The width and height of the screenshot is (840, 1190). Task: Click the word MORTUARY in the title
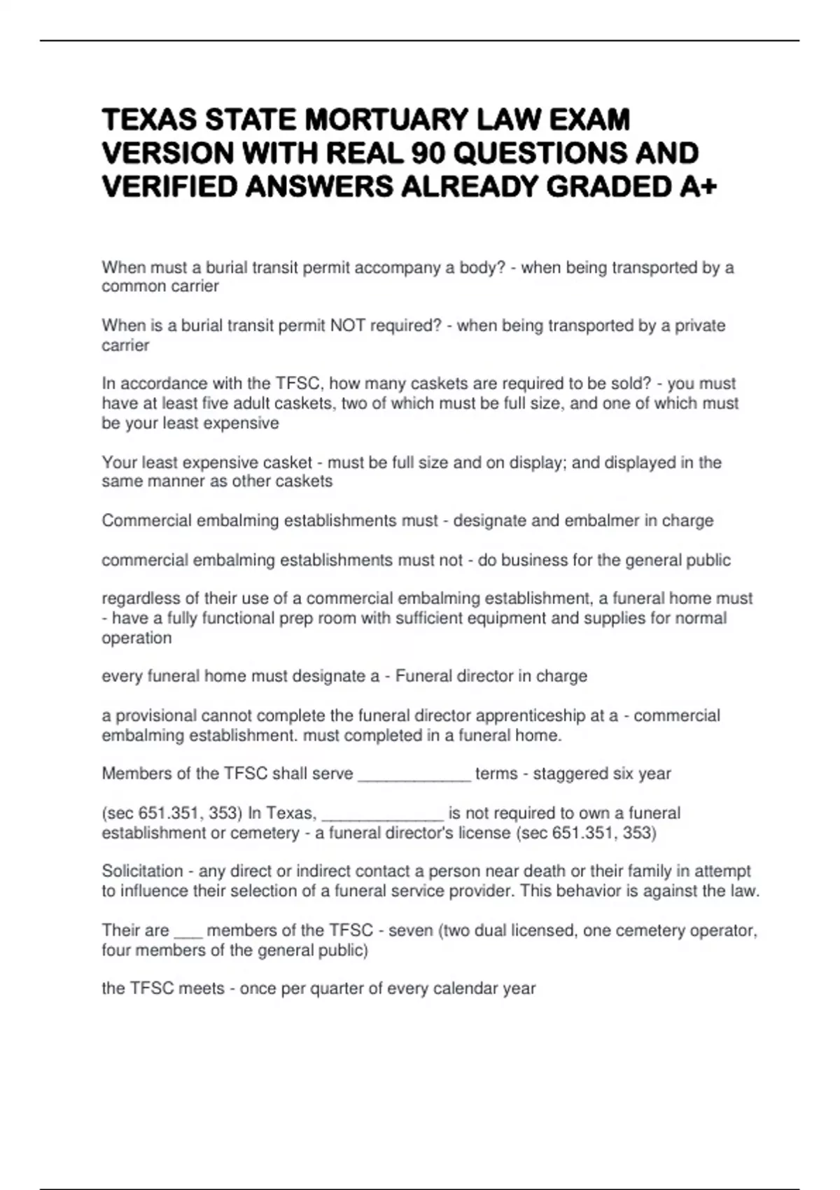tap(386, 120)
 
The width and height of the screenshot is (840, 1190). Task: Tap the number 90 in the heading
tap(430, 153)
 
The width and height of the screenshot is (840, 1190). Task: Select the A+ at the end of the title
tap(697, 187)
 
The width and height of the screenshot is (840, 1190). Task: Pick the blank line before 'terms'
tap(414, 774)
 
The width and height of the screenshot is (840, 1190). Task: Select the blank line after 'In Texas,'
tap(382, 813)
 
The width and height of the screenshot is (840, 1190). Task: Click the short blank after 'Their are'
tap(188, 931)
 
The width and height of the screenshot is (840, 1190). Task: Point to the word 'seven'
tap(411, 931)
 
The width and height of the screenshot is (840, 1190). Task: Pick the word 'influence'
tap(149, 891)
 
